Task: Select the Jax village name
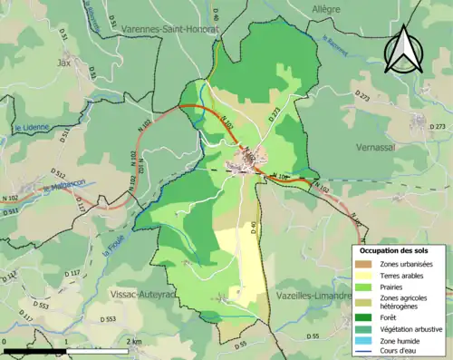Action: [x=63, y=63]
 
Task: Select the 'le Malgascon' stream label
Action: [x=62, y=189]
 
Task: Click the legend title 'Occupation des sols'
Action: [x=394, y=250]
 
